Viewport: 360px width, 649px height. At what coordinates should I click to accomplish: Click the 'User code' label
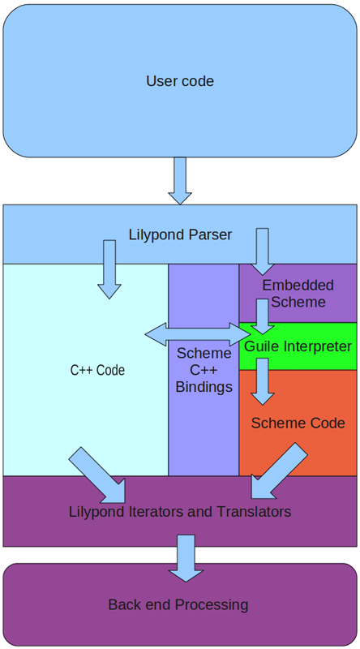tap(180, 81)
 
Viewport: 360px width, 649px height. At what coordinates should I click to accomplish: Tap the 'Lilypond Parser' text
tap(180, 235)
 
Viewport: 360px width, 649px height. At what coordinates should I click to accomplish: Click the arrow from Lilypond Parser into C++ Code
tap(109, 270)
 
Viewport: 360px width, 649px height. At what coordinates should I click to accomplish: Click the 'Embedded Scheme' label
tap(298, 294)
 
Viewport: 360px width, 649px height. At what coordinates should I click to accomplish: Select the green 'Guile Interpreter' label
tap(298, 346)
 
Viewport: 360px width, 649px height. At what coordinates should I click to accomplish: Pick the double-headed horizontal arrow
tap(198, 333)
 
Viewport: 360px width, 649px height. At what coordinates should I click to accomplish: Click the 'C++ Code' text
tap(97, 371)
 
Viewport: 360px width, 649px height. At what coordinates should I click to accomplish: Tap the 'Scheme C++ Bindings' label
tap(204, 370)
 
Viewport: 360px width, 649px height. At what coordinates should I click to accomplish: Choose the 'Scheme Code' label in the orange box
tap(298, 423)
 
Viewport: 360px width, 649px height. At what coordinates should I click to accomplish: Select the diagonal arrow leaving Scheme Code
tap(278, 471)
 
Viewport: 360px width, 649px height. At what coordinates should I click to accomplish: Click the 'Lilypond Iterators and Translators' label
tap(180, 512)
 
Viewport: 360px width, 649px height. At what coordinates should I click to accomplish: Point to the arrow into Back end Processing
tap(186, 558)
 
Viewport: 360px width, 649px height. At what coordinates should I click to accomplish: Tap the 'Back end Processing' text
tap(178, 604)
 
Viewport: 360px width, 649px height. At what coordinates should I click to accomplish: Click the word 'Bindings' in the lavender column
tap(204, 387)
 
